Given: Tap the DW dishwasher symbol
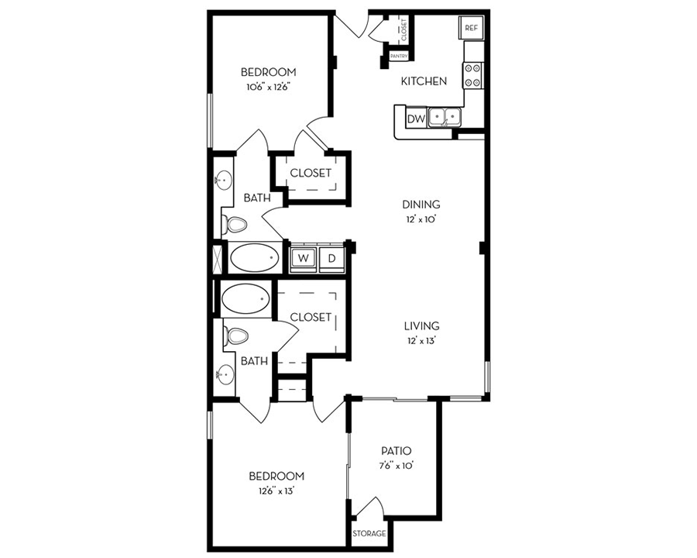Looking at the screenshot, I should click(415, 119).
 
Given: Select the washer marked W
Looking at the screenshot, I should click(304, 258).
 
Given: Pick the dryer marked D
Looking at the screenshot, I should click(331, 258).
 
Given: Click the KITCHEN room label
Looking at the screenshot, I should click(423, 81).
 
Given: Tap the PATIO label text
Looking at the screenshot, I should click(396, 451).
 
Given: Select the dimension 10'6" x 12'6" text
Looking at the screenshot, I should click(267, 88).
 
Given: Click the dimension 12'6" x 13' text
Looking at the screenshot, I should click(276, 490).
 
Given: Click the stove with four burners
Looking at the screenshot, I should click(472, 75).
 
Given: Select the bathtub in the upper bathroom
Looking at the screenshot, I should click(255, 257).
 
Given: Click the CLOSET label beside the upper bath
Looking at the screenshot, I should click(311, 173).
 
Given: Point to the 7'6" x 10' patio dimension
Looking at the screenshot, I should click(396, 466).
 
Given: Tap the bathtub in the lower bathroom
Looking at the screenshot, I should click(245, 297).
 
